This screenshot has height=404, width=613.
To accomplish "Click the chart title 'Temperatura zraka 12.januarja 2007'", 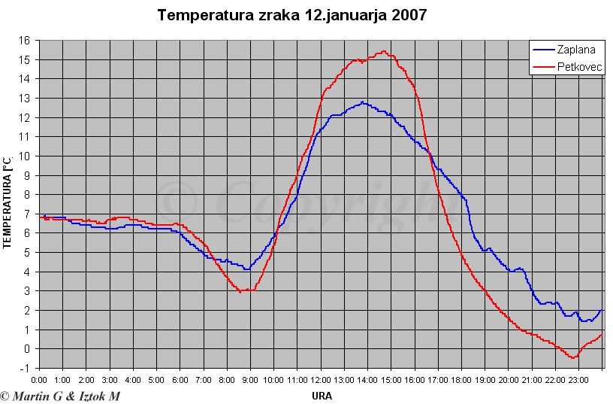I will [292, 15].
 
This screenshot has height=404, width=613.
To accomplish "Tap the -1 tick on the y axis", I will [25, 368].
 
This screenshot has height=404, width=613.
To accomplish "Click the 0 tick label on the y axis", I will [27, 349].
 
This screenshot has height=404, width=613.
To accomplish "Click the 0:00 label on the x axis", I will [40, 381].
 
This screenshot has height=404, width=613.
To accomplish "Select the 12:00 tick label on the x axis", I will [321, 381].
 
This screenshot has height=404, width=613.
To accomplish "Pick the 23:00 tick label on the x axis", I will [578, 381].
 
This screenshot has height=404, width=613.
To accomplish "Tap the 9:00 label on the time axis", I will [250, 381].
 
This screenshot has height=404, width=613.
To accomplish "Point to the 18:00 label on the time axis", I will [461, 381].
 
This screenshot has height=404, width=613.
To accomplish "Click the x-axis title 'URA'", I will [321, 395].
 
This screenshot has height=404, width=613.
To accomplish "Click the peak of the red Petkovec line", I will [385, 51].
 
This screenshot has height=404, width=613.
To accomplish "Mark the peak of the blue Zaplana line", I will [363, 102].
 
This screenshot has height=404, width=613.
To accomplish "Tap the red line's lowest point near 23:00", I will [572, 357].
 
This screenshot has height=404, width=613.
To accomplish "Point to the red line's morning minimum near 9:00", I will [242, 291].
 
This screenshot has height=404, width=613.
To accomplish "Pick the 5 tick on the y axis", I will [27, 253].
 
